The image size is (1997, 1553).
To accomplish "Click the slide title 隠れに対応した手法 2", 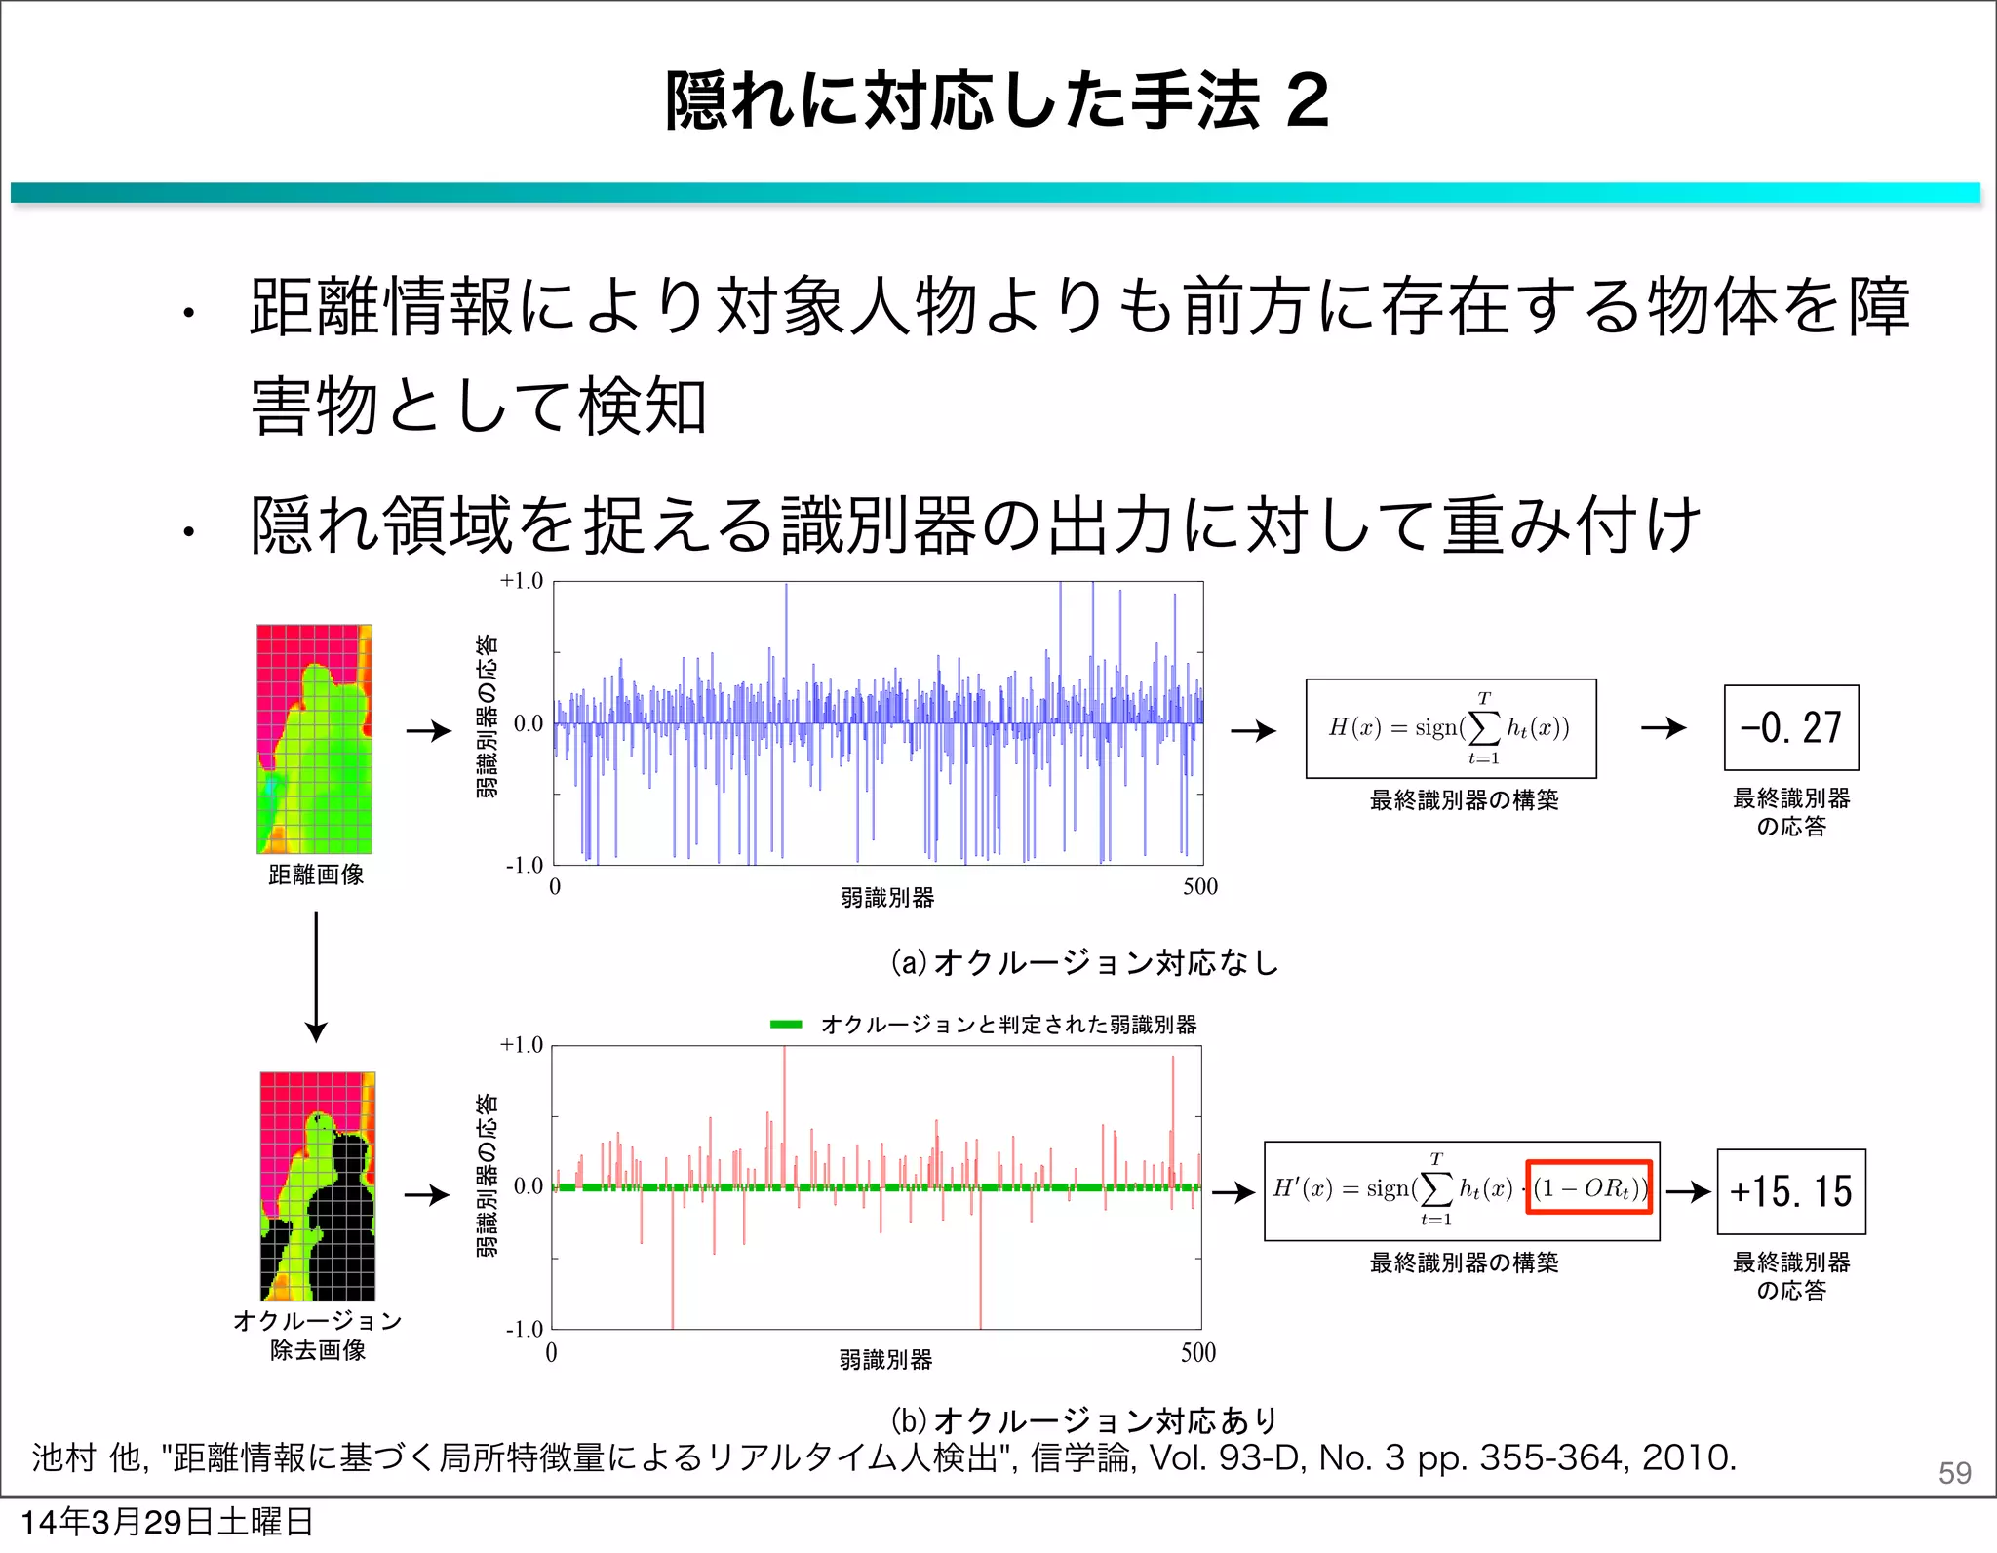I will click(997, 100).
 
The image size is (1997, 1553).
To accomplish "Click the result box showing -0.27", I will click(1790, 728).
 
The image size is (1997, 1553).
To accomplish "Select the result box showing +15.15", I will click(1790, 1191).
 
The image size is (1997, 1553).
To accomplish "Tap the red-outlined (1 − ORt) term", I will click(1588, 1187).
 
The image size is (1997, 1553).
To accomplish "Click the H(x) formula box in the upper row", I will click(1450, 728).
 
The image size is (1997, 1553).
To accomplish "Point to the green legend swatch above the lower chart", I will click(785, 1025).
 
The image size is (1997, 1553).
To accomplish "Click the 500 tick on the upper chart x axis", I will click(1200, 886).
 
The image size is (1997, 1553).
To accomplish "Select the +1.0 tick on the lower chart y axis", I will click(521, 1045).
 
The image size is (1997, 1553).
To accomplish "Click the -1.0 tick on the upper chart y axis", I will click(524, 865).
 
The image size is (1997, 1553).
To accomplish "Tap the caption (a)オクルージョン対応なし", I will click(1084, 962).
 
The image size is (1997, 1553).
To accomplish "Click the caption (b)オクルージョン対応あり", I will click(1084, 1419).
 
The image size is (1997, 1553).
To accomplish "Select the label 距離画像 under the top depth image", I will click(316, 874).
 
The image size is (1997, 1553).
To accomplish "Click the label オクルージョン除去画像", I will click(318, 1335).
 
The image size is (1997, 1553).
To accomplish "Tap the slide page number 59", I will click(1954, 1473).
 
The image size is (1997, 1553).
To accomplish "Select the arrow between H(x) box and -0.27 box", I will click(1663, 728).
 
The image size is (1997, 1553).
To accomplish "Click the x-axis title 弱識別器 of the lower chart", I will click(885, 1359).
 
